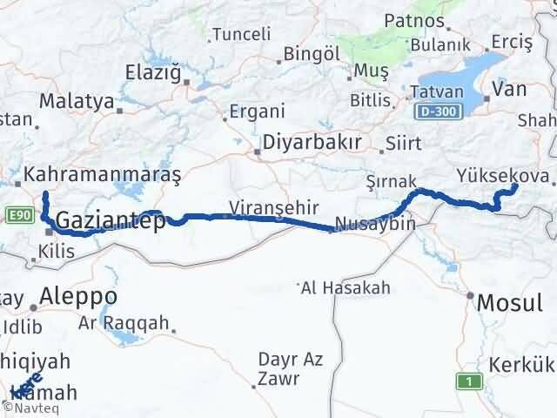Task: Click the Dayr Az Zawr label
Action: coord(290,368)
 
